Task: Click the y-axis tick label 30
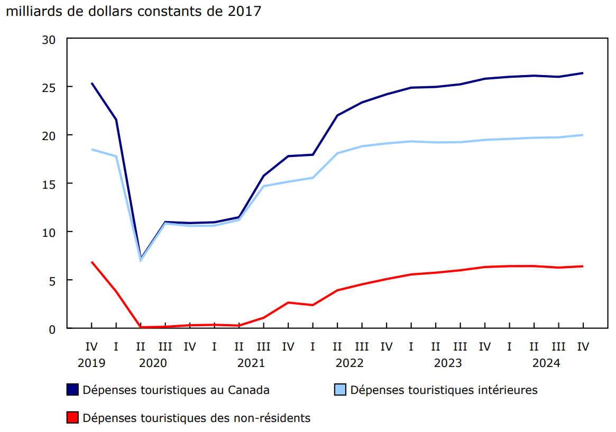pos(50,39)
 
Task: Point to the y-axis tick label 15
pos(50,183)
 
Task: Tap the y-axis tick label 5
pos(53,280)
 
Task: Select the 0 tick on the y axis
pos(53,329)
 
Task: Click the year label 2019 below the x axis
pos(91,363)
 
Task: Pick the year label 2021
pos(251,363)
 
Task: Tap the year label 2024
pos(546,363)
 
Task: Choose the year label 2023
pos(448,363)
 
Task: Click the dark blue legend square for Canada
pos(72,390)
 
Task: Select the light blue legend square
pos(339,390)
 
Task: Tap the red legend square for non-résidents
pos(72,418)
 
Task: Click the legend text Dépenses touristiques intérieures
pos(444,390)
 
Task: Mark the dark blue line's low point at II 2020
pos(141,258)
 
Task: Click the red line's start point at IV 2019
pos(91,262)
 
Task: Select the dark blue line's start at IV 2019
pos(91,83)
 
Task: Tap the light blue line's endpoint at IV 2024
pos(583,135)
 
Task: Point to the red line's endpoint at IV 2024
pos(583,266)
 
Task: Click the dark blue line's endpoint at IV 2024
pos(583,73)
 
